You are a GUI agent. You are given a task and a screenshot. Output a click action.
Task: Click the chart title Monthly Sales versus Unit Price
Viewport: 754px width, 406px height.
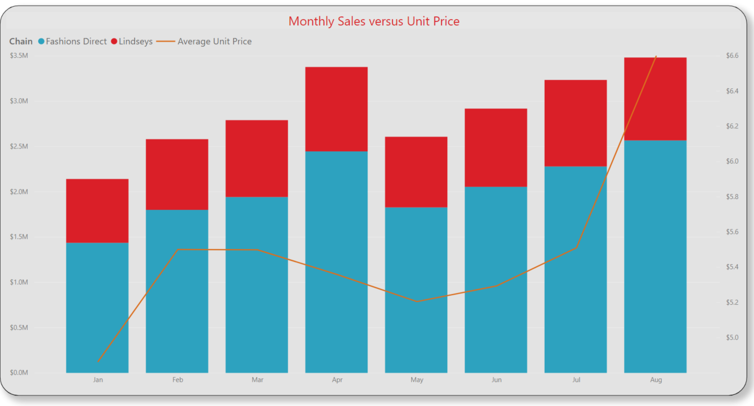point(374,21)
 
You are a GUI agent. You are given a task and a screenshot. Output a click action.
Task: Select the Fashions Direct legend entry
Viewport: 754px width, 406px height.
point(75,42)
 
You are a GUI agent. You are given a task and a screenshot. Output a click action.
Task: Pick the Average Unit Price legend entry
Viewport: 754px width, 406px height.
point(214,42)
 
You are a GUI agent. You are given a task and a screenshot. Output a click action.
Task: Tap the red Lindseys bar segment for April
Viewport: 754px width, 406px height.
point(336,109)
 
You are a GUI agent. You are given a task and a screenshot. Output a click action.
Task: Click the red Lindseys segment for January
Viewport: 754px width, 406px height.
point(97,211)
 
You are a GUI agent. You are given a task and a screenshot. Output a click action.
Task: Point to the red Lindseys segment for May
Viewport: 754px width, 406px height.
point(416,172)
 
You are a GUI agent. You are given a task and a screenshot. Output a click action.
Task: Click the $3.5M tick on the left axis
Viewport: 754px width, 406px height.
point(19,56)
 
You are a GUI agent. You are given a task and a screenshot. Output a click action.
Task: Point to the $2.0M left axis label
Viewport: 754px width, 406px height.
point(19,192)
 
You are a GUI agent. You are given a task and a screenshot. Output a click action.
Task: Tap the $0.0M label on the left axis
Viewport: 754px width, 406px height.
point(19,373)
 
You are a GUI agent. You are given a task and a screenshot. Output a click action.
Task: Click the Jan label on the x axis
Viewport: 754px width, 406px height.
point(98,380)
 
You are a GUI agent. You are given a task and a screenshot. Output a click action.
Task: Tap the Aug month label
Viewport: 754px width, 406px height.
point(656,380)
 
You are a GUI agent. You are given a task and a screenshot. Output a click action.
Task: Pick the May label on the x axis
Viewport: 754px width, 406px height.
point(417,380)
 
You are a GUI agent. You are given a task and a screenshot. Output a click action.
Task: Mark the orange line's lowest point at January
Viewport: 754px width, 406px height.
point(98,362)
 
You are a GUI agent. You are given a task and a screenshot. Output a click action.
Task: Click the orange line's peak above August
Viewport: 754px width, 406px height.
point(656,56)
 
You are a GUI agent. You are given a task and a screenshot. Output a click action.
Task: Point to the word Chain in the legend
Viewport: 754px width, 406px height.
point(21,42)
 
